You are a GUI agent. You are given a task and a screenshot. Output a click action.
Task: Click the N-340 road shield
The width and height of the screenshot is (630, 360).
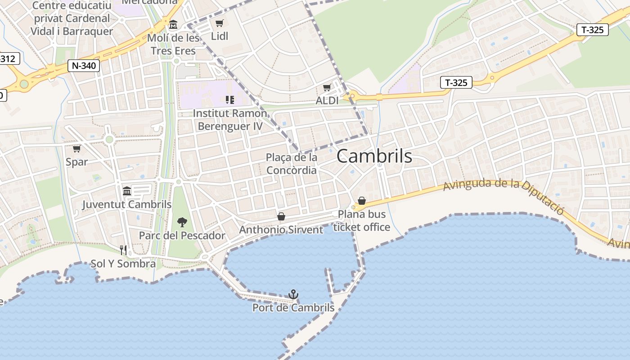[x=84, y=66]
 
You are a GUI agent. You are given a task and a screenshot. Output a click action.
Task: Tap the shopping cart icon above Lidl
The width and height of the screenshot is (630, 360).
[x=219, y=23]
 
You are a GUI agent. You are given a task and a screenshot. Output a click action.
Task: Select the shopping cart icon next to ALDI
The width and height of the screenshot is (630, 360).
[x=327, y=87]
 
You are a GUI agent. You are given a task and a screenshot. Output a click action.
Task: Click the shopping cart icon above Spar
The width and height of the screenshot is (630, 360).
[x=77, y=148]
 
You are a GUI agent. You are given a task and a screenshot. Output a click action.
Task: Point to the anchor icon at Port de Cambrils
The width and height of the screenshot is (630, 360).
[x=293, y=294]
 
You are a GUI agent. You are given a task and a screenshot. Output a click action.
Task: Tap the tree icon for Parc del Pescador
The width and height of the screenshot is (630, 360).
[x=182, y=222]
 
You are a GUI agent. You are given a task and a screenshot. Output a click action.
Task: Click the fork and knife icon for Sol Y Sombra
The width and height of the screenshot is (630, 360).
[x=123, y=250]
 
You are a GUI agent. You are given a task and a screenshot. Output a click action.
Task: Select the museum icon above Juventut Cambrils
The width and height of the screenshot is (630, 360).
[x=127, y=191]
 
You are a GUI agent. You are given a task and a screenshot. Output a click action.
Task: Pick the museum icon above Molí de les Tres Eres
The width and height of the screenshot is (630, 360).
[x=173, y=24]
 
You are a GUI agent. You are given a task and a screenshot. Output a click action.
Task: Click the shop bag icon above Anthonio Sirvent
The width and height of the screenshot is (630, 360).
[x=281, y=216]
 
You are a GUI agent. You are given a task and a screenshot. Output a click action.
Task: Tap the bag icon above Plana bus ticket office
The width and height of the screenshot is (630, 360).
[x=362, y=201]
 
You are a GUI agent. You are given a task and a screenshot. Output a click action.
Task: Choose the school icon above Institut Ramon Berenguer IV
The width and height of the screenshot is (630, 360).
[x=230, y=99]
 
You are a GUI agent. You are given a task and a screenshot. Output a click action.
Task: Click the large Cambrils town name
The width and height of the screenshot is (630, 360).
[x=374, y=156]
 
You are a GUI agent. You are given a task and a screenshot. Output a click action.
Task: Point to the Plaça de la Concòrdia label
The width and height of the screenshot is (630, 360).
[x=292, y=164]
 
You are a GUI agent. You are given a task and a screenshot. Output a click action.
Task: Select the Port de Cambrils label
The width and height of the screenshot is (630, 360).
[x=293, y=308]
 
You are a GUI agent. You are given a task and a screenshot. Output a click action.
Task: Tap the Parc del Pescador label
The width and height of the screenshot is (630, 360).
[x=182, y=235]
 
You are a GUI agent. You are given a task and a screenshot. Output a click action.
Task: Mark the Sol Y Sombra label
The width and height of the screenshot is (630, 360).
[x=123, y=264]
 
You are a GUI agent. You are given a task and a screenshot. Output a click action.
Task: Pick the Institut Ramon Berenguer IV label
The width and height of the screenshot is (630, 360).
[x=230, y=120]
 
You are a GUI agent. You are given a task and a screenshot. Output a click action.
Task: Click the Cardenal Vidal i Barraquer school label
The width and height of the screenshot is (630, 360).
[x=72, y=18]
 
